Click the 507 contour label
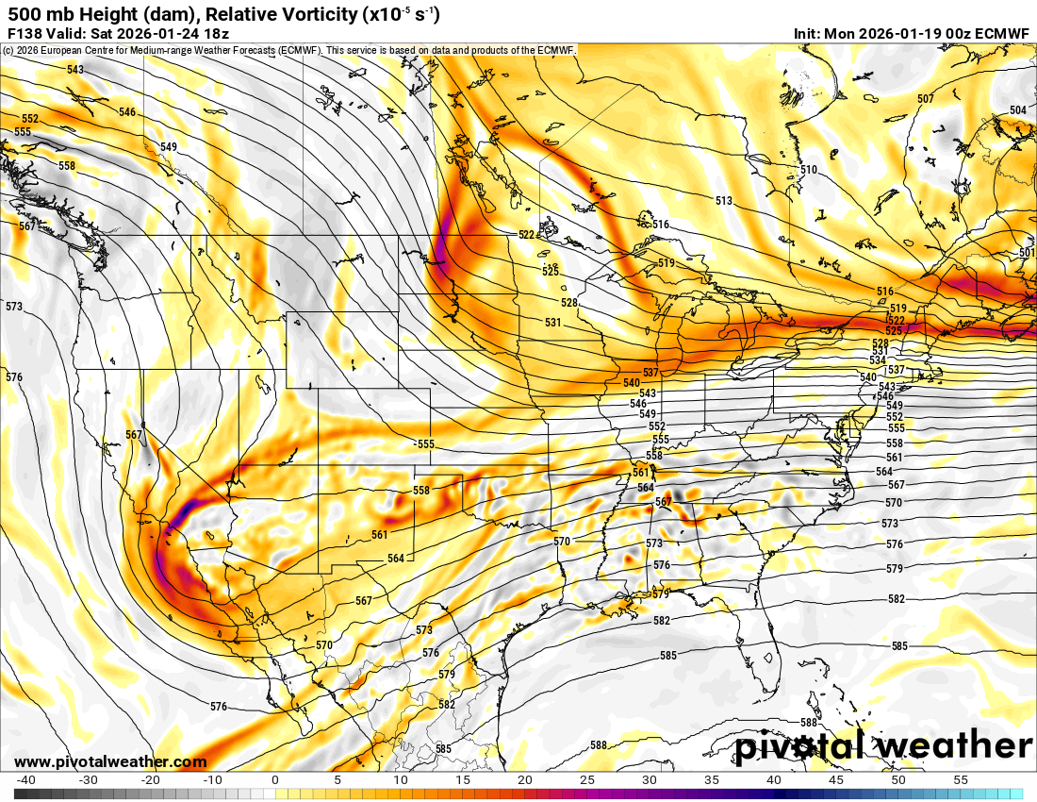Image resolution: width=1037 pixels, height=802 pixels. point(925,99)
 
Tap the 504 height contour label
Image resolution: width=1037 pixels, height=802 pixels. point(1017,110)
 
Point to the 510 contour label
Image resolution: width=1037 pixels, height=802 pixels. point(808,170)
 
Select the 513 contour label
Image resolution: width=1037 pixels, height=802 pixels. point(723,201)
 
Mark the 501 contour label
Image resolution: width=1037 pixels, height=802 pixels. point(1027,253)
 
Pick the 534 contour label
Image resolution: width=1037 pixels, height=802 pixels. point(878,360)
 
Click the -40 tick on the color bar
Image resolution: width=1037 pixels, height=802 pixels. point(26,780)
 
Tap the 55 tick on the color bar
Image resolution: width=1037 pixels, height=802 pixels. point(960,780)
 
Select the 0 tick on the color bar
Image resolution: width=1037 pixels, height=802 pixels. point(274,780)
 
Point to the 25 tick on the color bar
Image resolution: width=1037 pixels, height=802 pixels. point(586,780)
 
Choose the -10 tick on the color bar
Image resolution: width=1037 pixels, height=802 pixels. point(213,780)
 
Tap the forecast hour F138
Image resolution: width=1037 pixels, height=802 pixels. point(25,33)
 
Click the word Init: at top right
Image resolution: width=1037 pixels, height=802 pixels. point(807,33)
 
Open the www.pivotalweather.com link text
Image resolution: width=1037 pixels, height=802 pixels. point(110,761)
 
